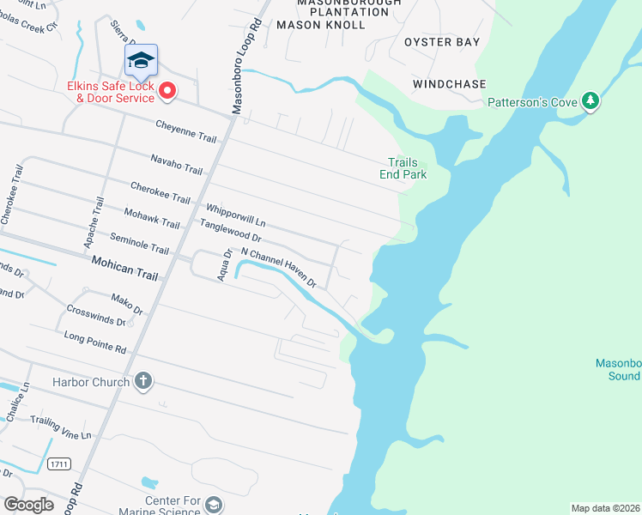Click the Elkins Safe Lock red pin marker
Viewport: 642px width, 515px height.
click(x=167, y=89)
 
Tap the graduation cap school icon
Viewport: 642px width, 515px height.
click(x=141, y=59)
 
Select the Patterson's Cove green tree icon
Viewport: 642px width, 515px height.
click(x=590, y=101)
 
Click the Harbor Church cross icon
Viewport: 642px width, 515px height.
click(x=143, y=382)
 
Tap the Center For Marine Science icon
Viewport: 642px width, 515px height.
click(x=214, y=506)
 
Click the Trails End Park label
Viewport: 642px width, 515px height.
click(x=403, y=168)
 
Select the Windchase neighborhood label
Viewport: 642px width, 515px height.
click(x=449, y=84)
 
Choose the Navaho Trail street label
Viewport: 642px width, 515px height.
click(x=176, y=165)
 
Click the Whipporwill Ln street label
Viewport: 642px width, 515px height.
click(x=235, y=215)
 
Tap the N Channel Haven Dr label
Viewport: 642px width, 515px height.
click(x=279, y=267)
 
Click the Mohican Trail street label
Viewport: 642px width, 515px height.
click(x=124, y=269)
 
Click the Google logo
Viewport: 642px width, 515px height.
click(x=28, y=504)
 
